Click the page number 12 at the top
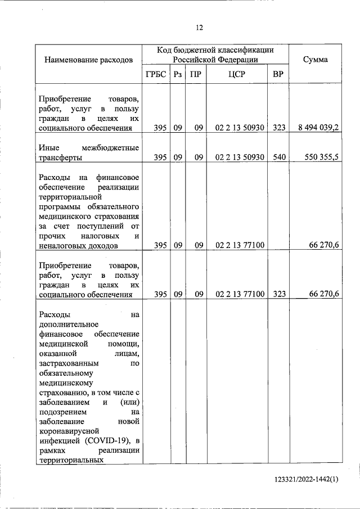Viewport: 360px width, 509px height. point(199,28)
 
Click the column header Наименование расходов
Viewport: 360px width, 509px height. point(89,59)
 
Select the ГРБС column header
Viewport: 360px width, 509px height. point(155,74)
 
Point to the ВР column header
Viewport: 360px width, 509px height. point(278,74)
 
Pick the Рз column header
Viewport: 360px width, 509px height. point(178,74)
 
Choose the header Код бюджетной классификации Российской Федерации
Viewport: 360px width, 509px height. point(215,55)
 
